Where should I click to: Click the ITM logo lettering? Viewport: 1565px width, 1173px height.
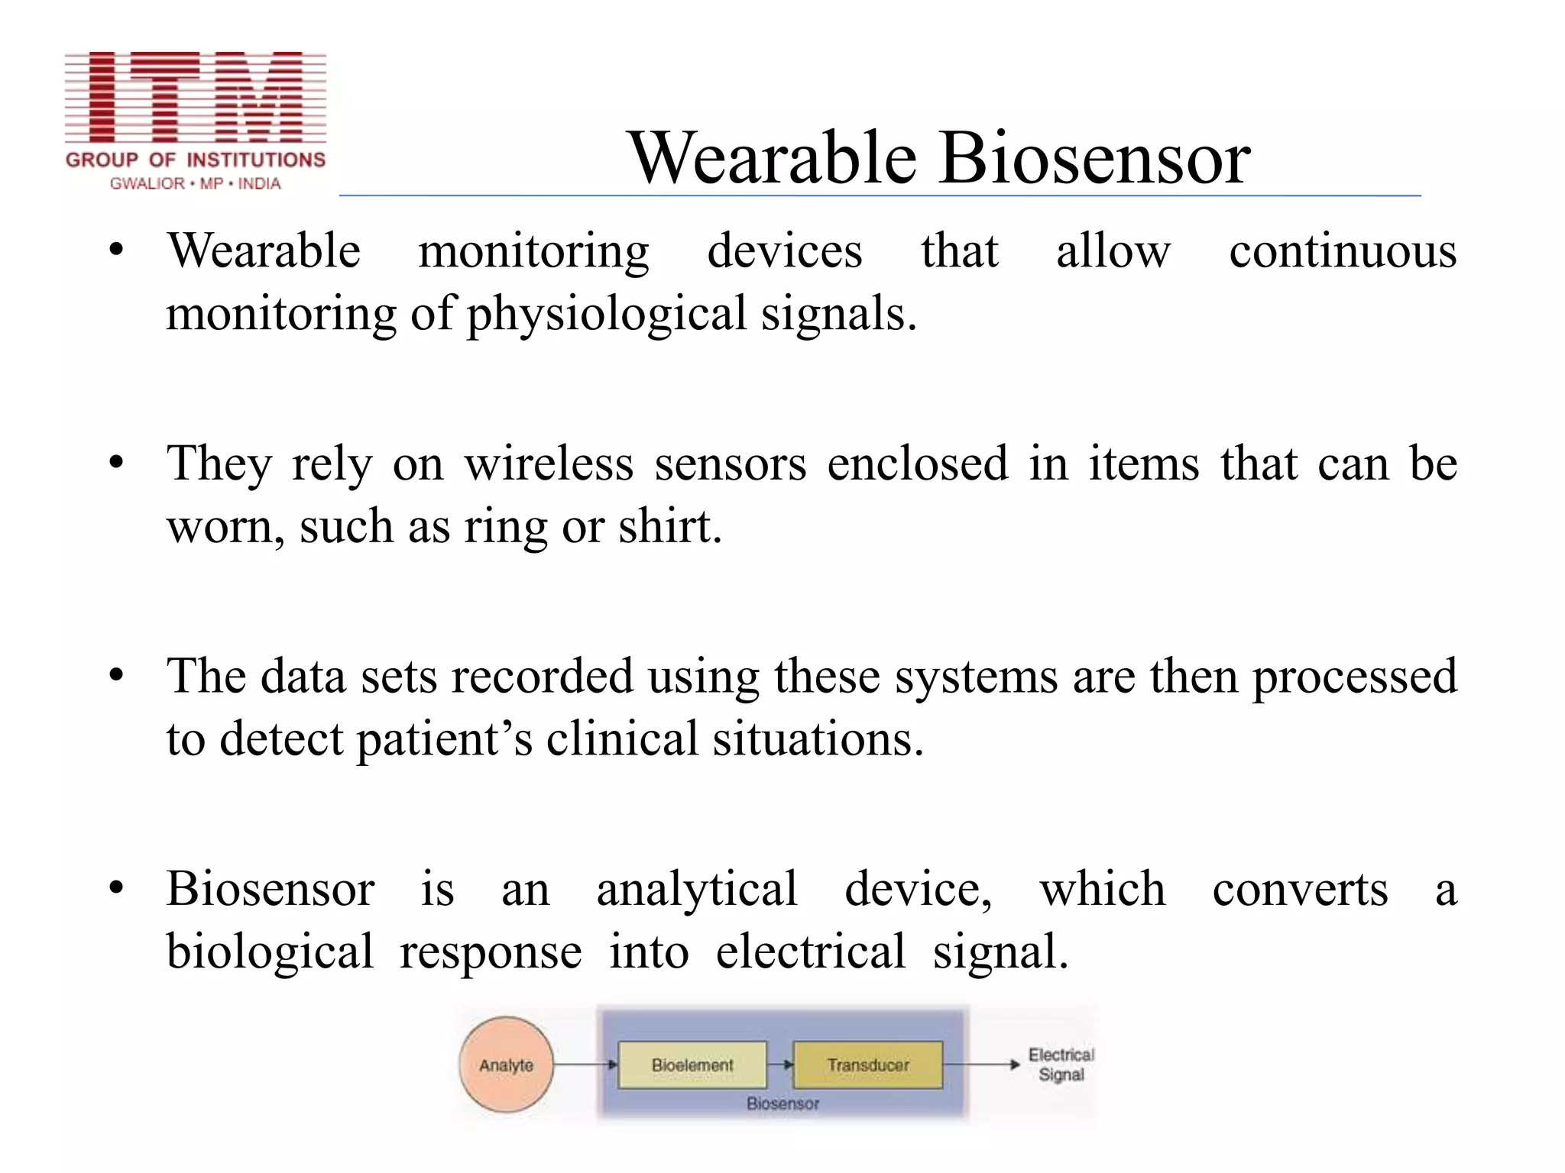(196, 97)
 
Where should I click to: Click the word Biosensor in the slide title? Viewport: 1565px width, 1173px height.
(1094, 158)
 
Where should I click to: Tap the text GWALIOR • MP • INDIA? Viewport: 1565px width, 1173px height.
(196, 184)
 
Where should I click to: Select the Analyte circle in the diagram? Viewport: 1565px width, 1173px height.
(506, 1065)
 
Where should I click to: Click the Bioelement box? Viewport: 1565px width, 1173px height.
(692, 1065)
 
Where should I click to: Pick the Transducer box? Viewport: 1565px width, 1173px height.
(867, 1065)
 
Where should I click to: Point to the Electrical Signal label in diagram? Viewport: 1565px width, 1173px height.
(1061, 1065)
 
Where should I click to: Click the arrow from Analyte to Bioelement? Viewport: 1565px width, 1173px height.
(585, 1065)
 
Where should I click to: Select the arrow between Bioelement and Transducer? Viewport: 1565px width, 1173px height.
(779, 1065)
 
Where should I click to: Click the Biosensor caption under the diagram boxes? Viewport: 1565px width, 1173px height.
(782, 1104)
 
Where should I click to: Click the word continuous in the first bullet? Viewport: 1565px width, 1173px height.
(1342, 251)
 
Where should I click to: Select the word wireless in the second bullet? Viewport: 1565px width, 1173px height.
(549, 464)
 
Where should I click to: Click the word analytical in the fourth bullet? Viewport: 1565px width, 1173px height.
(696, 890)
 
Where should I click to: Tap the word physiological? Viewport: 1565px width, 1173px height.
(606, 314)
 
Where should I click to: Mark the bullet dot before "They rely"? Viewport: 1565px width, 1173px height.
(116, 463)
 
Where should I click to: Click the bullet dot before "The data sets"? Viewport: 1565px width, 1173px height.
(116, 676)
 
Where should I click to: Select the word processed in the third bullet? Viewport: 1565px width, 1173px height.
(1354, 677)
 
